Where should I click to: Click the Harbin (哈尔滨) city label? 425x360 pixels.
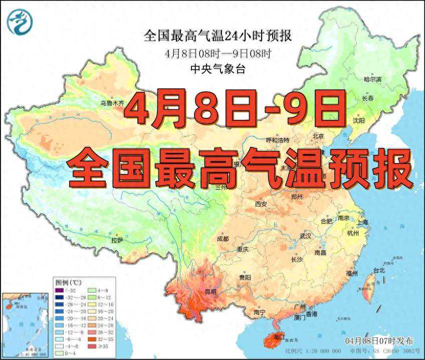coord(372,79)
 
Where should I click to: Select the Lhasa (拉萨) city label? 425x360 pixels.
coord(117,240)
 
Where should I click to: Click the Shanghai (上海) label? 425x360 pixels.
coord(362,222)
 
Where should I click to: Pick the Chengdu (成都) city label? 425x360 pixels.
coord(223,239)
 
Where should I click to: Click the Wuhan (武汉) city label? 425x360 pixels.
coord(305,236)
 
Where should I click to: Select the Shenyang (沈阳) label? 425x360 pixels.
coord(358,120)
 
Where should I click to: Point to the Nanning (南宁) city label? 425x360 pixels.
coord(260,312)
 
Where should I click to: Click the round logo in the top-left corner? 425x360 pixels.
coord(19,23)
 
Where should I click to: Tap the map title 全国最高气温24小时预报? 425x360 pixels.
coord(218,36)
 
